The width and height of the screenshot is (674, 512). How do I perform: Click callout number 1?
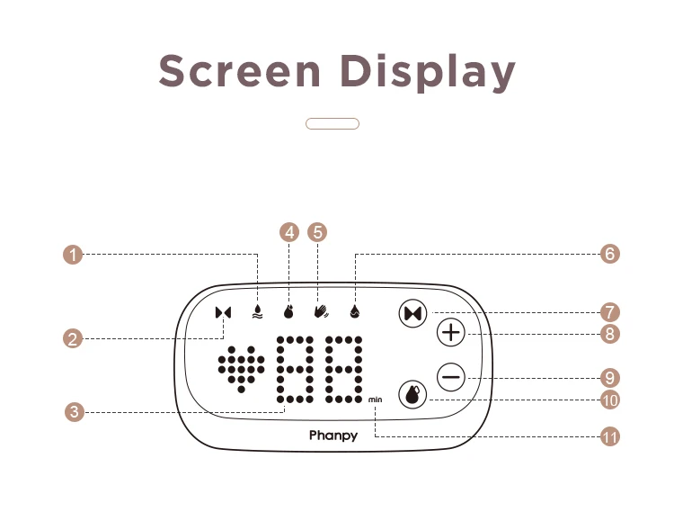[x=73, y=255]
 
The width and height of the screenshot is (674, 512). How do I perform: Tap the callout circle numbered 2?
[x=73, y=338]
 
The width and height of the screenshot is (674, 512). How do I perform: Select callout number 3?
[x=75, y=412]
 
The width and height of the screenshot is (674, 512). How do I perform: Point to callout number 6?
[x=610, y=254]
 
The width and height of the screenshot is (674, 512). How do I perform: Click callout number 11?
[x=610, y=437]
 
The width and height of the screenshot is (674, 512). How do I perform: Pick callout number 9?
[x=610, y=378]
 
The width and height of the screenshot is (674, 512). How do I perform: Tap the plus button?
[x=451, y=333]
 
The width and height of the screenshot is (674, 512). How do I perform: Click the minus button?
[x=451, y=377]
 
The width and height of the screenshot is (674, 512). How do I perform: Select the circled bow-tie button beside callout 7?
[x=413, y=313]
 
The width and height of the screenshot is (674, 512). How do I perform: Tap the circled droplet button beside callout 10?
[x=412, y=394]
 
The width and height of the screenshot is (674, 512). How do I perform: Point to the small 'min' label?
[x=375, y=400]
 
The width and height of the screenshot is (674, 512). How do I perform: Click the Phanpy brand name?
[x=333, y=436]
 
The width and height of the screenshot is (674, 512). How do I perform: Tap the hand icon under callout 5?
[x=321, y=311]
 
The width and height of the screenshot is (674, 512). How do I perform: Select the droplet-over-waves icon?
[x=257, y=311]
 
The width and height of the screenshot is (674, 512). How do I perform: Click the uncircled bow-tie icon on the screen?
[x=224, y=312]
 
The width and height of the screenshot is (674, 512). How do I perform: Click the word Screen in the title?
[x=239, y=70]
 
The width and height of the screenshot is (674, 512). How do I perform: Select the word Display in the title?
[x=428, y=72]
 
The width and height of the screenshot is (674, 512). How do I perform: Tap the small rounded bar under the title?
[x=333, y=123]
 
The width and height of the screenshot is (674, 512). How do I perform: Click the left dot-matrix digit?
[x=295, y=370]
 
